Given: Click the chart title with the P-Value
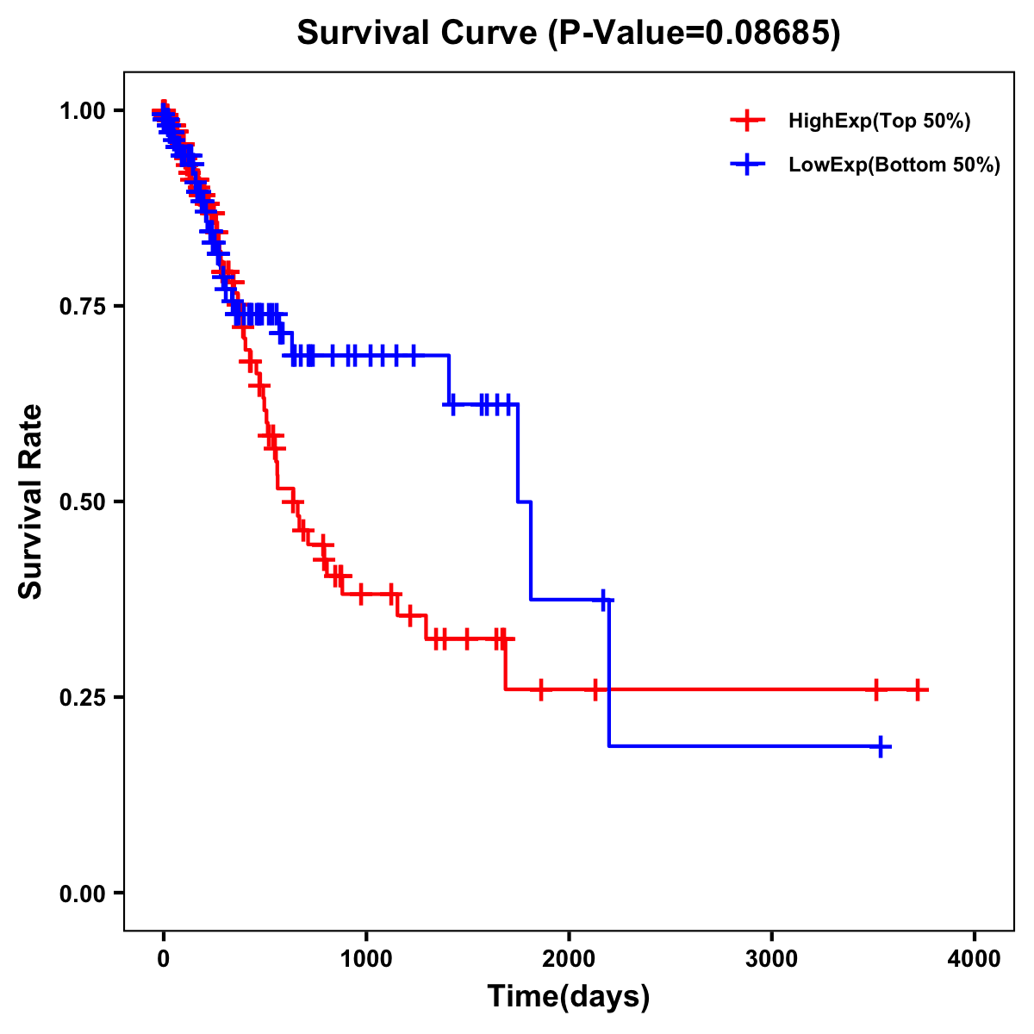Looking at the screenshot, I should click(568, 34).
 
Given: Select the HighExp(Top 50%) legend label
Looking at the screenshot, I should click(880, 121).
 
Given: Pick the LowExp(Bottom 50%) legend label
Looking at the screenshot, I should click(894, 165).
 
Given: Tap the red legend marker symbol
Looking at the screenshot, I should click(747, 121).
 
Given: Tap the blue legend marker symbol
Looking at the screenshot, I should click(747, 164).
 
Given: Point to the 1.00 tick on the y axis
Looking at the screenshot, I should click(82, 111).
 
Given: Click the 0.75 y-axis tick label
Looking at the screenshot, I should click(82, 307).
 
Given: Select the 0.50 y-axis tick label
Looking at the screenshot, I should click(82, 501).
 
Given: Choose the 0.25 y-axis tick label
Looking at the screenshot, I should click(82, 697).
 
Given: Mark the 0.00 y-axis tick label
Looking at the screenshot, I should click(82, 893).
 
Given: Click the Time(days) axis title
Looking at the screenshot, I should click(568, 997).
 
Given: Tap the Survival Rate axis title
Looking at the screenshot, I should click(31, 501).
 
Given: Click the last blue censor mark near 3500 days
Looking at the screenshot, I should click(881, 747).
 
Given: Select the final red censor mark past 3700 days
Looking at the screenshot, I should click(919, 689).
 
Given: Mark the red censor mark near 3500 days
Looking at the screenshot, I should click(875, 689).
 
